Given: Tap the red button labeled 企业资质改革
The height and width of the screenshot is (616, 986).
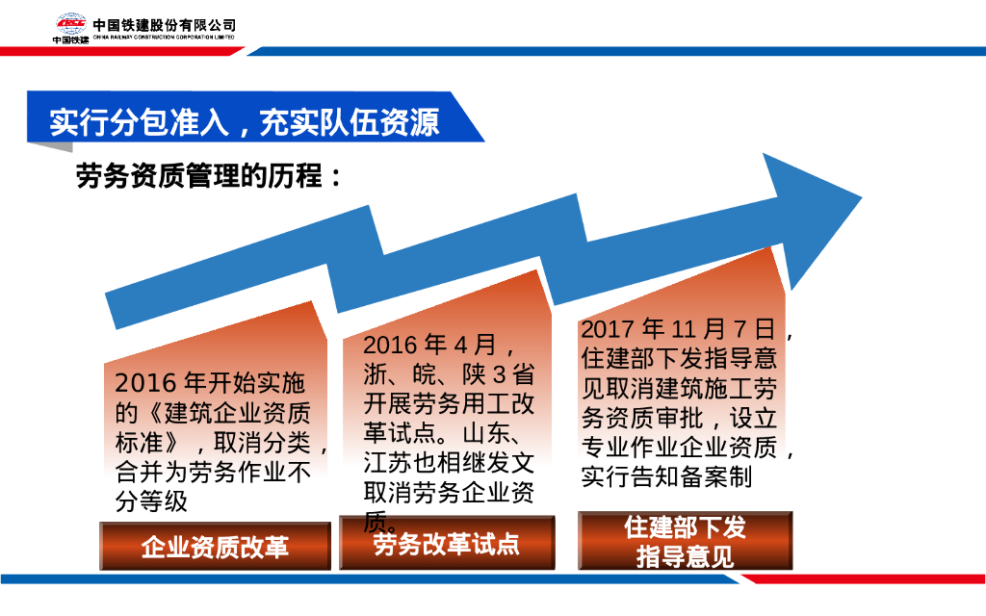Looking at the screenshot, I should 215,547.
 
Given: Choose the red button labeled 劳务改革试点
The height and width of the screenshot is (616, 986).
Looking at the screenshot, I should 447,544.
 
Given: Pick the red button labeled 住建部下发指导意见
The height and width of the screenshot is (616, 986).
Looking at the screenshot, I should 685,541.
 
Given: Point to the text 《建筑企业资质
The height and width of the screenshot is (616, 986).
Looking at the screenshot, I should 214,413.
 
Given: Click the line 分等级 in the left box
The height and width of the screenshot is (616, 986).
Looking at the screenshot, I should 151,501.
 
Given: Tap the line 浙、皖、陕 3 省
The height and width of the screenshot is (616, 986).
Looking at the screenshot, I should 449,373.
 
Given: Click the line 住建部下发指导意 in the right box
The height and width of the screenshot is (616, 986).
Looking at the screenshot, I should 680,359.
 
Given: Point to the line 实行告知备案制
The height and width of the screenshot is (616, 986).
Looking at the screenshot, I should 666,477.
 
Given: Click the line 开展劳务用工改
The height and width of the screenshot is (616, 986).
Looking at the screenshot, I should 449,403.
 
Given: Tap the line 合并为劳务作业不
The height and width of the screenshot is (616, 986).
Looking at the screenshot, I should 214,473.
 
